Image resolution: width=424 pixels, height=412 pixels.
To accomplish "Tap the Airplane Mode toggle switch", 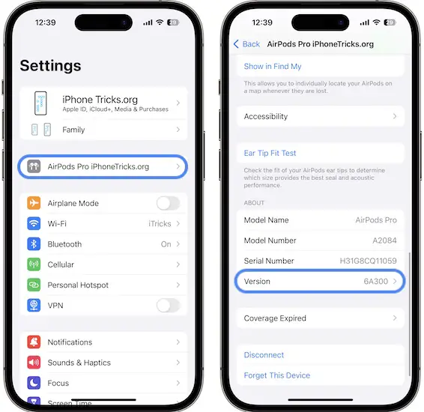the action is [x=169, y=203].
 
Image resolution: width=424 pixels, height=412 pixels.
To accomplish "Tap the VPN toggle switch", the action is [x=169, y=306].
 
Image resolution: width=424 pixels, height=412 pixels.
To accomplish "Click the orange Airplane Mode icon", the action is [x=34, y=203].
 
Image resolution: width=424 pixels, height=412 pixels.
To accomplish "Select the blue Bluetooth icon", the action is [x=34, y=244].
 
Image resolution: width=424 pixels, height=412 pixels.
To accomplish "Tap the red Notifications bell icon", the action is [x=34, y=342].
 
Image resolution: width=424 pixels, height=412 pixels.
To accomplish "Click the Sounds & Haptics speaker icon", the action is [x=34, y=363].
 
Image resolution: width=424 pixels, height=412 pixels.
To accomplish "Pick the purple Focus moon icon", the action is [x=34, y=383].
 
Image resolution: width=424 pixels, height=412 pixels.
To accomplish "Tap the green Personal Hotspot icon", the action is [x=34, y=285].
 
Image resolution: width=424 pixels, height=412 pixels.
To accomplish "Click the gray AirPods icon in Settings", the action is [x=34, y=166].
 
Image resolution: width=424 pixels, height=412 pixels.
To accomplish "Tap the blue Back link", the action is [x=246, y=44].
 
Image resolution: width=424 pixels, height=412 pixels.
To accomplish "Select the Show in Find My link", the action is [x=273, y=66].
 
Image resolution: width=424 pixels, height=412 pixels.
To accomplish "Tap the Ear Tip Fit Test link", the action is [x=270, y=153].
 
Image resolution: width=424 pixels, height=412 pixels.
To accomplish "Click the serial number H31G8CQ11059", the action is [x=368, y=261].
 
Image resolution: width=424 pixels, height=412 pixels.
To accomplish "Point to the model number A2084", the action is [x=384, y=240].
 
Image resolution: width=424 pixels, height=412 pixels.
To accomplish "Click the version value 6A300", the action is [x=375, y=282].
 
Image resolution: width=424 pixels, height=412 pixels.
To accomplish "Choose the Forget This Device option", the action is [x=277, y=375].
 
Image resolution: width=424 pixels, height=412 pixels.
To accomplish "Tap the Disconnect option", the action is [x=264, y=354].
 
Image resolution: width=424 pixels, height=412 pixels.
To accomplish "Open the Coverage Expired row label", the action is [x=275, y=318].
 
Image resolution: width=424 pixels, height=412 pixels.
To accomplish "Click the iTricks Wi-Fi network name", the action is [x=160, y=223].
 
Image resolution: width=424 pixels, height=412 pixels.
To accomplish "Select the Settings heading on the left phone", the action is [x=51, y=66].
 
